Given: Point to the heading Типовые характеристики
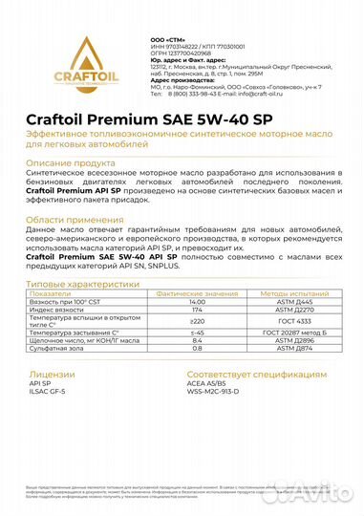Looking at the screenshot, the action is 83,311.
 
